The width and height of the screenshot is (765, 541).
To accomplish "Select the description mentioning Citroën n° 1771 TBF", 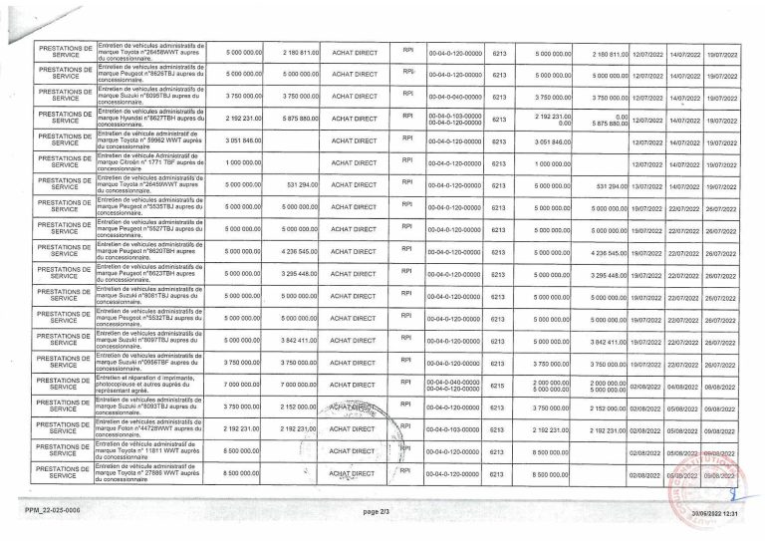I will coord(149,163).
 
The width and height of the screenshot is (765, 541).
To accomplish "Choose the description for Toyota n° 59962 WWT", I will coord(149,141).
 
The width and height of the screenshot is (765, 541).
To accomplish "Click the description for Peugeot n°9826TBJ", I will coord(149,75).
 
